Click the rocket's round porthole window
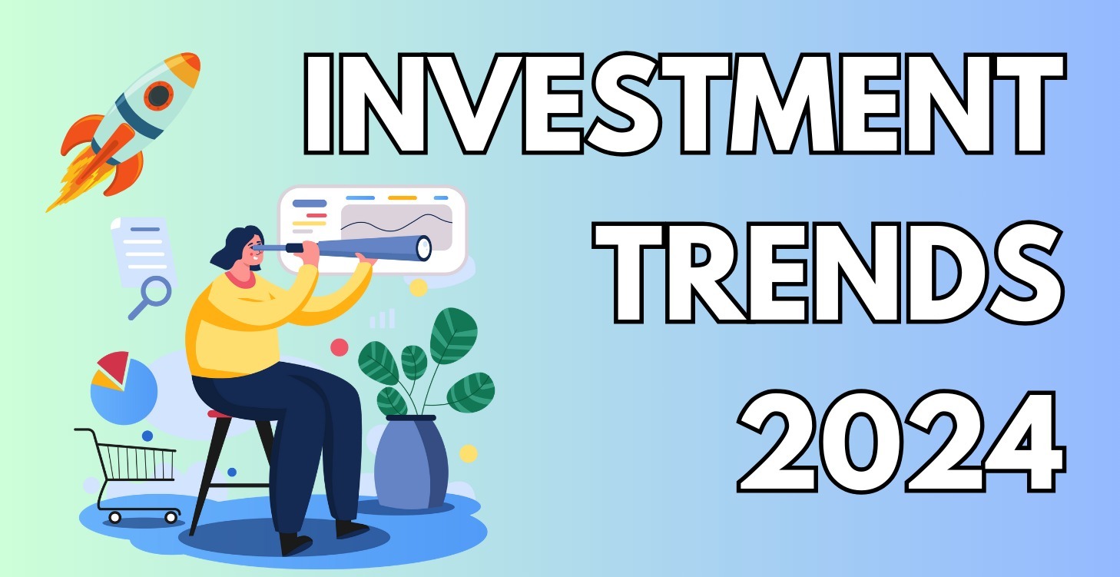[159, 96]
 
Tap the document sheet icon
[142, 246]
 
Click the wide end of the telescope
[422, 247]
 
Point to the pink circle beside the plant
[339, 347]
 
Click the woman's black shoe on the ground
[297, 544]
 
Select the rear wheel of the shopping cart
[115, 517]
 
